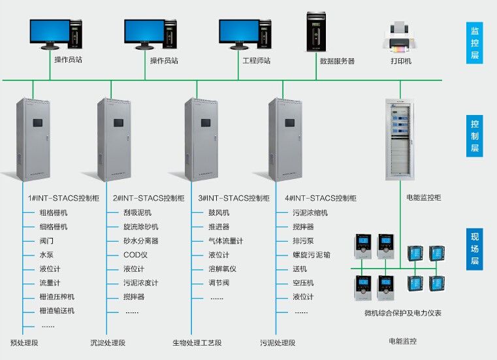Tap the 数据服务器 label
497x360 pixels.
[337, 61]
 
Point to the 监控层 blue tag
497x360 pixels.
[475, 42]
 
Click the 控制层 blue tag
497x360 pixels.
[475, 136]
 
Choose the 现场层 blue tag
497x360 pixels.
[475, 249]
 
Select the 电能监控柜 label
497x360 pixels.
[423, 197]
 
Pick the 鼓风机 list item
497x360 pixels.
[219, 213]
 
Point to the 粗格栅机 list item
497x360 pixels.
[54, 213]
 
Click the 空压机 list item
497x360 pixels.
[303, 283]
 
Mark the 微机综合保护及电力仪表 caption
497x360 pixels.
[402, 314]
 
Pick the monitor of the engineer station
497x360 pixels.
[238, 31]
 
